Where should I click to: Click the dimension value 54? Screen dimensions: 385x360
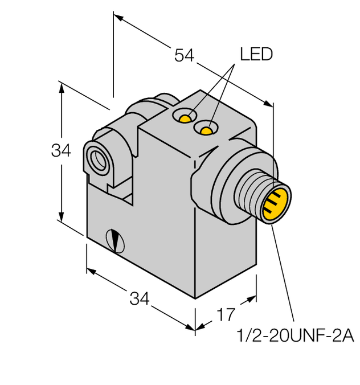185,55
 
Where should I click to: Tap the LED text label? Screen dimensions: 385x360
256,55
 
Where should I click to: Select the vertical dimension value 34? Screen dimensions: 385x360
61,151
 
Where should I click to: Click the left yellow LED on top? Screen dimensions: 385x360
185,118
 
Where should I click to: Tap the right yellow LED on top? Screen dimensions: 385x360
206,131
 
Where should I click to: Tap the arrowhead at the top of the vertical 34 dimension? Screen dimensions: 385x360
60,87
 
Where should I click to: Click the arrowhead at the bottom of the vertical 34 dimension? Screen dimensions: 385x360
60,218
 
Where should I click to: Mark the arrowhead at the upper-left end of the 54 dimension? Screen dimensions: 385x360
118,17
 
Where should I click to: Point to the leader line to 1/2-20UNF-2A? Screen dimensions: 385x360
283,273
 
